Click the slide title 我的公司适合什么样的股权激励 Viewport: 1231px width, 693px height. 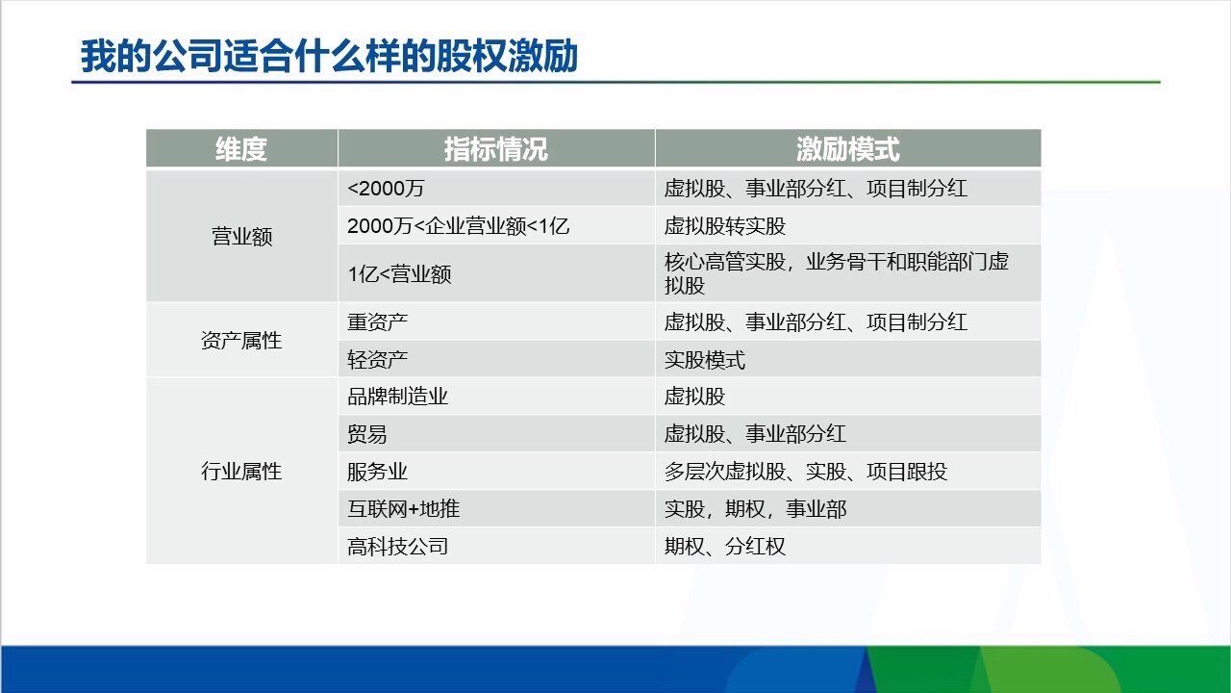click(x=329, y=56)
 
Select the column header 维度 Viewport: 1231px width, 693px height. click(x=241, y=149)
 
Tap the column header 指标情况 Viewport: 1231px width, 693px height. click(x=495, y=149)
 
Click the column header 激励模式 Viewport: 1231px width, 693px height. click(x=847, y=149)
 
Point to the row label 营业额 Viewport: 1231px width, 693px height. click(x=241, y=237)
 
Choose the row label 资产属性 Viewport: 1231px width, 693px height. click(x=241, y=340)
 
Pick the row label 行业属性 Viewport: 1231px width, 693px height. click(x=241, y=472)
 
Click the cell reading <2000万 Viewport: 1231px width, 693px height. click(x=386, y=189)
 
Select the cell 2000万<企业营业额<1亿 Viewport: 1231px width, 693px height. click(x=458, y=226)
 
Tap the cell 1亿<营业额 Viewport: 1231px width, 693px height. click(x=399, y=274)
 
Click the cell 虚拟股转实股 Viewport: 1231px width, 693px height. click(x=724, y=226)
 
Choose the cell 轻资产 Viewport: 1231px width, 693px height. click(x=377, y=360)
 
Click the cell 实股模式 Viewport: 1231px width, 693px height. click(x=704, y=360)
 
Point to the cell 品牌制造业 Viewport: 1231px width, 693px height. click(x=397, y=397)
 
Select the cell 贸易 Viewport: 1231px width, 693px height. click(x=366, y=434)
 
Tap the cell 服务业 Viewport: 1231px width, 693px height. click(x=377, y=472)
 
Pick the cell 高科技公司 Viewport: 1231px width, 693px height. click(x=397, y=547)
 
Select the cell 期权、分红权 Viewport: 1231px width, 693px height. click(x=724, y=547)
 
